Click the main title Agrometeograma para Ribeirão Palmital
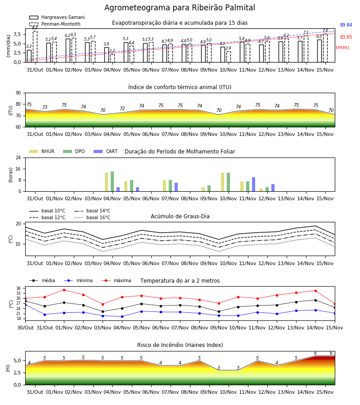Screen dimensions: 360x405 180,8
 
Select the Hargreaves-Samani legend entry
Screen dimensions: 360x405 57,17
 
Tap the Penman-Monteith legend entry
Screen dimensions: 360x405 55,24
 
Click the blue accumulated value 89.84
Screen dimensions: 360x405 346,25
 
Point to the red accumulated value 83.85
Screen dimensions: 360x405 346,37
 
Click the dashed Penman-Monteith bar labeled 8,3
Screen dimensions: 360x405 35,46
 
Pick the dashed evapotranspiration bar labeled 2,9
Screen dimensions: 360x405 229,57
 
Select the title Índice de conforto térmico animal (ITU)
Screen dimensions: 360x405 180,87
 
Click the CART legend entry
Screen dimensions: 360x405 106,151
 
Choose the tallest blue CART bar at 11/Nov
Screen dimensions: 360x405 254,184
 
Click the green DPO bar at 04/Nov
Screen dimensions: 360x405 112,181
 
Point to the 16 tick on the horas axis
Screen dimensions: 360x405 18,169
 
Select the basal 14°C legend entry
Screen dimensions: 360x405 92,211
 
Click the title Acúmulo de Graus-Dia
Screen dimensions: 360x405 180,216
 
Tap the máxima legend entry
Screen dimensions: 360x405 116,280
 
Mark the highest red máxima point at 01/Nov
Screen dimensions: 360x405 64,290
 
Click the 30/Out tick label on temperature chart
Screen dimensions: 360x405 26,328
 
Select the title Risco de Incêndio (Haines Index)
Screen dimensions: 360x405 180,345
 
